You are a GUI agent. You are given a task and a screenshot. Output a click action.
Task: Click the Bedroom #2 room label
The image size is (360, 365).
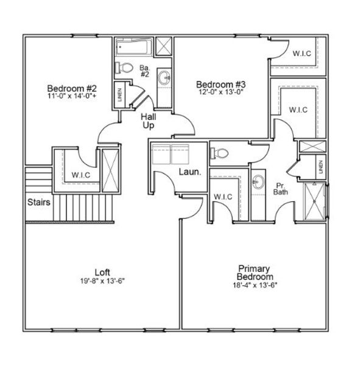(69, 86)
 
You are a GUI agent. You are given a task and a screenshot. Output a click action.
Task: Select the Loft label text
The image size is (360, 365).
(102, 272)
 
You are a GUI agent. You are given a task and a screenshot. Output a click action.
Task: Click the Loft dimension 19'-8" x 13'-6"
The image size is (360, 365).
(102, 280)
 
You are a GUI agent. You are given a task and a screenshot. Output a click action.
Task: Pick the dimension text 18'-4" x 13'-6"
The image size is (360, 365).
(254, 285)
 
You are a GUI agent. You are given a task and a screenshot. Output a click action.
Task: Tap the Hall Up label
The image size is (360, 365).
(148, 120)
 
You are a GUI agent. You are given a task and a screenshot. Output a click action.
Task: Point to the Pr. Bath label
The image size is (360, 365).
(281, 189)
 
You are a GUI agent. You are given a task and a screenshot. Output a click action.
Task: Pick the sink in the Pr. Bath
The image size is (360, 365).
(259, 181)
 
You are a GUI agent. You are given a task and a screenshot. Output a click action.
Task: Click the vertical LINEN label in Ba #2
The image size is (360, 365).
(120, 95)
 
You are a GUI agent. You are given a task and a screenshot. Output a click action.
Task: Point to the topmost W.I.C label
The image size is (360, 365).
(302, 54)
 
